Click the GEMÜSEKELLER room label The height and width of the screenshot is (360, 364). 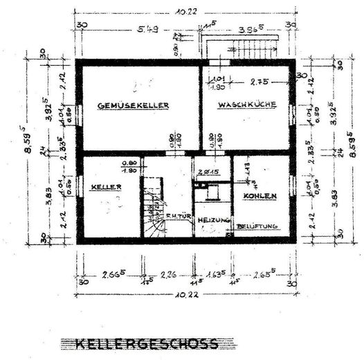pyautogui.click(x=134, y=106)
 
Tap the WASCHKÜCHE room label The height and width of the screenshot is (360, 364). pyautogui.click(x=247, y=105)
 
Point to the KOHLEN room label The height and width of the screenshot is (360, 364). pyautogui.click(x=260, y=197)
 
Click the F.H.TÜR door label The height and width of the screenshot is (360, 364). pyautogui.click(x=178, y=216)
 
